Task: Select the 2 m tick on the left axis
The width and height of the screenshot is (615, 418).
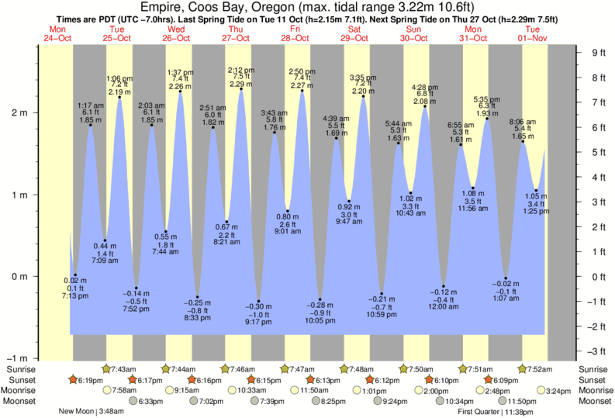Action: (24, 112)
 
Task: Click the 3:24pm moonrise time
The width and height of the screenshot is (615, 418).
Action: (558, 391)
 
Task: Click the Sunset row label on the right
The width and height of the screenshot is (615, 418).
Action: (594, 380)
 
